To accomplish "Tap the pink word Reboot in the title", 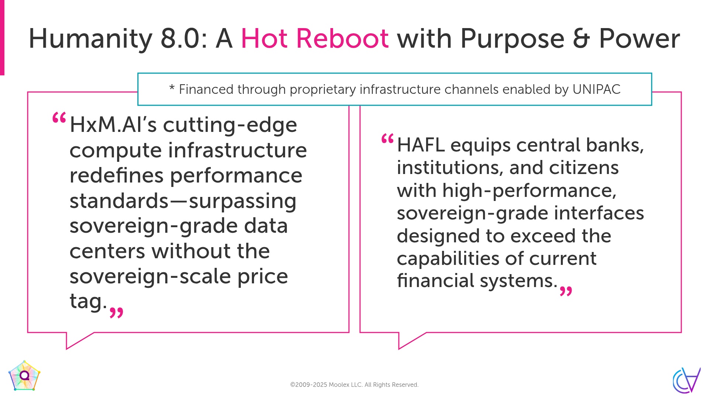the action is click(342, 38).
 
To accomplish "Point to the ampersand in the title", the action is click(581, 38).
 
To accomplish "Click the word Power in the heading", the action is click(639, 38).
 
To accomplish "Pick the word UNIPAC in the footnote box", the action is click(596, 89).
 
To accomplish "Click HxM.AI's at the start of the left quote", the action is click(113, 125).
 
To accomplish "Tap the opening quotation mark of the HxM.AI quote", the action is click(59, 118).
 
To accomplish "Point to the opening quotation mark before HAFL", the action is click(387, 139).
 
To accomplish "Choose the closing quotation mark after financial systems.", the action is click(566, 291).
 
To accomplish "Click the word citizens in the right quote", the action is click(583, 168).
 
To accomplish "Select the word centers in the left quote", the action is click(107, 251).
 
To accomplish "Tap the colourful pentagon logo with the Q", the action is click(24, 376).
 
